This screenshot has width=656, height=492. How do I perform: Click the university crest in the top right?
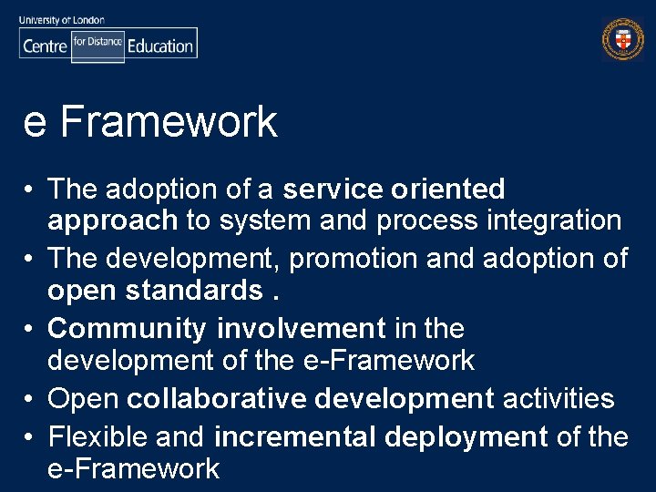(x=622, y=39)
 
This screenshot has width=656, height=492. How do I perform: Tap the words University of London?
(x=62, y=19)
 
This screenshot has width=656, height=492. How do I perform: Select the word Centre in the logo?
(x=44, y=46)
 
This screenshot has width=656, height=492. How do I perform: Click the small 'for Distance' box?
(x=97, y=43)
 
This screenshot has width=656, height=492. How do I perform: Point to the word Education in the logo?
(x=160, y=46)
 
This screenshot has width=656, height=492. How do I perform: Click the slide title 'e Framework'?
(x=150, y=122)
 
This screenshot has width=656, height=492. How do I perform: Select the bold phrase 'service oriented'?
(x=394, y=190)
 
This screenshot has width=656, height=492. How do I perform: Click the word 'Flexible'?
(x=98, y=436)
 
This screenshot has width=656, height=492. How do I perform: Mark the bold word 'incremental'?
(x=294, y=436)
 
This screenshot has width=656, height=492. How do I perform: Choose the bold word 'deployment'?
(x=466, y=437)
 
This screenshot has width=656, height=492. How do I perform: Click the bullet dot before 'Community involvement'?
(x=30, y=329)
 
